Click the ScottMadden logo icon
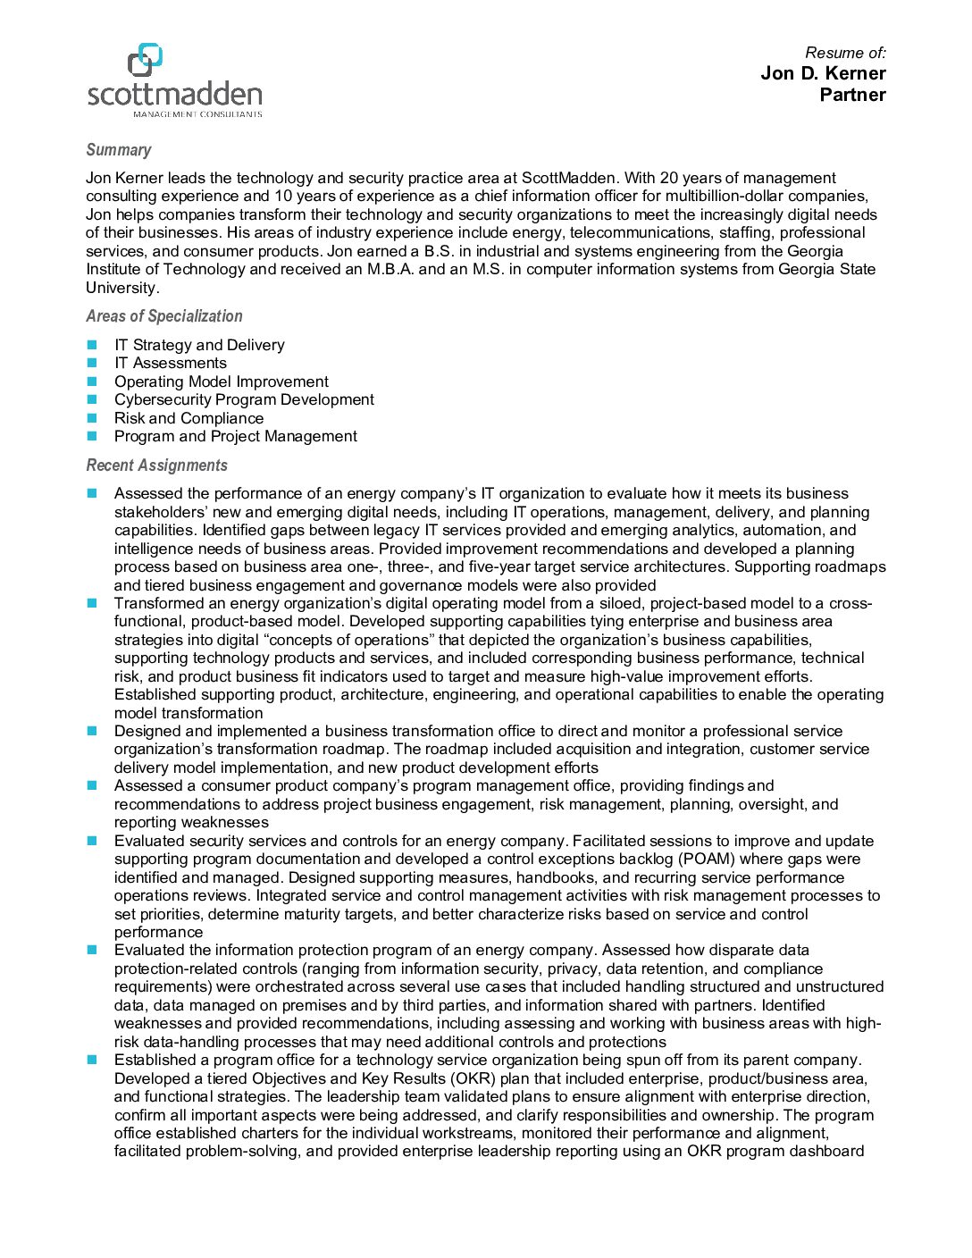tap(145, 60)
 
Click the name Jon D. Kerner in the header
tap(822, 73)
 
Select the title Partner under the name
tap(852, 95)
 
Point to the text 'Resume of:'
tap(845, 53)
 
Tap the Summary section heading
tap(118, 150)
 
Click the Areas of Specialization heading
tap(163, 316)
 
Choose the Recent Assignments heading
tap(156, 465)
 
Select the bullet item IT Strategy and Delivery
tap(199, 345)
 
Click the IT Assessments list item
tap(170, 363)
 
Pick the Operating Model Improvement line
tap(221, 382)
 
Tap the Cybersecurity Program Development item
tap(244, 399)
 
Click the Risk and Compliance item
tap(189, 418)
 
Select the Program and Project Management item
tap(235, 436)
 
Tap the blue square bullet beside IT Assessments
tap(92, 363)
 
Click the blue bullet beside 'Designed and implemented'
tap(92, 731)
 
